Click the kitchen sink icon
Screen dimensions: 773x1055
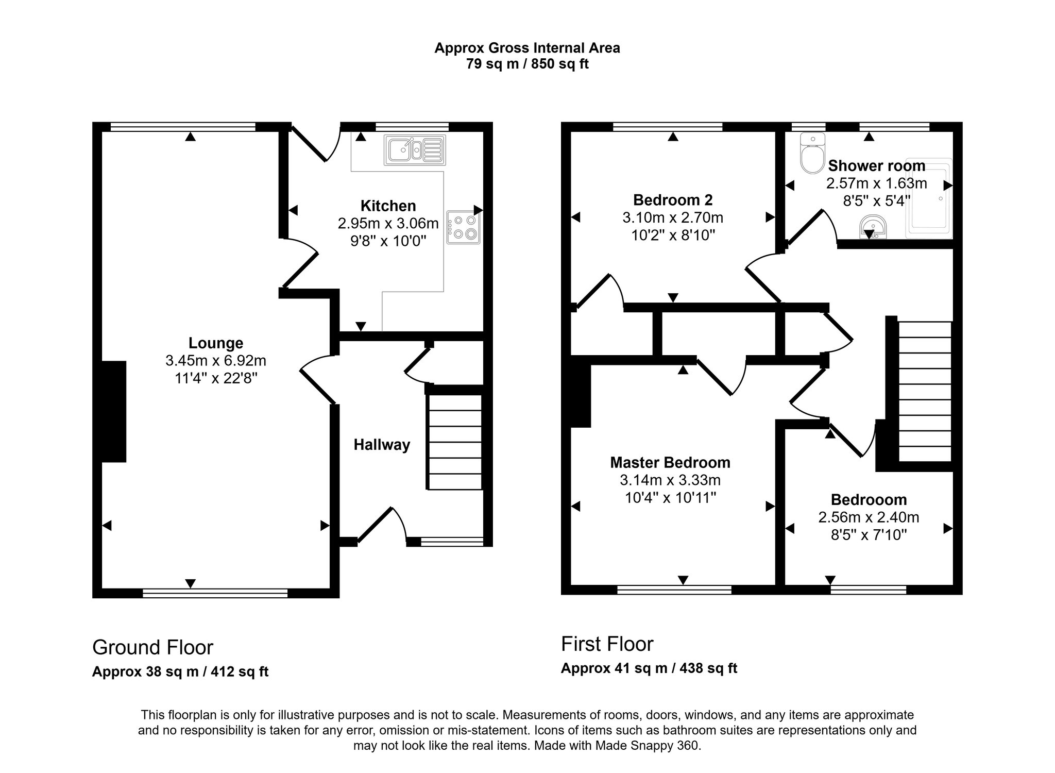click(x=414, y=150)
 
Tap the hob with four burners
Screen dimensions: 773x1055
click(x=463, y=227)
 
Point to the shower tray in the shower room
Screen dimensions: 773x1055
click(x=929, y=198)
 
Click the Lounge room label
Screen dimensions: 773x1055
click(x=215, y=343)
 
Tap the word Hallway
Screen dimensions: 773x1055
click(x=382, y=445)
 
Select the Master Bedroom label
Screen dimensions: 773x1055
click(x=670, y=462)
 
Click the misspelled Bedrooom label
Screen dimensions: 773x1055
click(x=869, y=499)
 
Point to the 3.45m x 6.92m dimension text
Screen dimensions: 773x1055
click(x=215, y=361)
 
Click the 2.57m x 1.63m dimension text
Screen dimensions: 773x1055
click(x=876, y=183)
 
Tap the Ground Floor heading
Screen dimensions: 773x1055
click(x=152, y=647)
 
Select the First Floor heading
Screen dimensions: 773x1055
click(x=607, y=644)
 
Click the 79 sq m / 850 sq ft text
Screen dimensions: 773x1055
click(x=527, y=64)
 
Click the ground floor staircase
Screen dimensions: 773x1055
click(x=455, y=442)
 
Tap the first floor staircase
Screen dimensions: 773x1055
click(x=924, y=391)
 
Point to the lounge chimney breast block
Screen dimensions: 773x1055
click(x=113, y=411)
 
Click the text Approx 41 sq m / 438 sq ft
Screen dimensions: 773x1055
click(x=649, y=668)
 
